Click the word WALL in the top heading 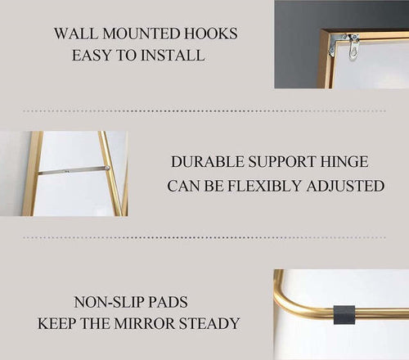click(x=76, y=34)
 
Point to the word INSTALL click(x=173, y=55)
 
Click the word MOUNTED click(x=142, y=34)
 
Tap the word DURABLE click(x=208, y=162)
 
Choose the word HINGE click(x=344, y=162)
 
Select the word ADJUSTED click(x=345, y=187)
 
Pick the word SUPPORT click(x=282, y=162)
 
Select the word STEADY click(x=209, y=323)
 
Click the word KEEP click(x=56, y=323)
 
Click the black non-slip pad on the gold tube click(x=344, y=314)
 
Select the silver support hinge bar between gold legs click(x=74, y=170)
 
